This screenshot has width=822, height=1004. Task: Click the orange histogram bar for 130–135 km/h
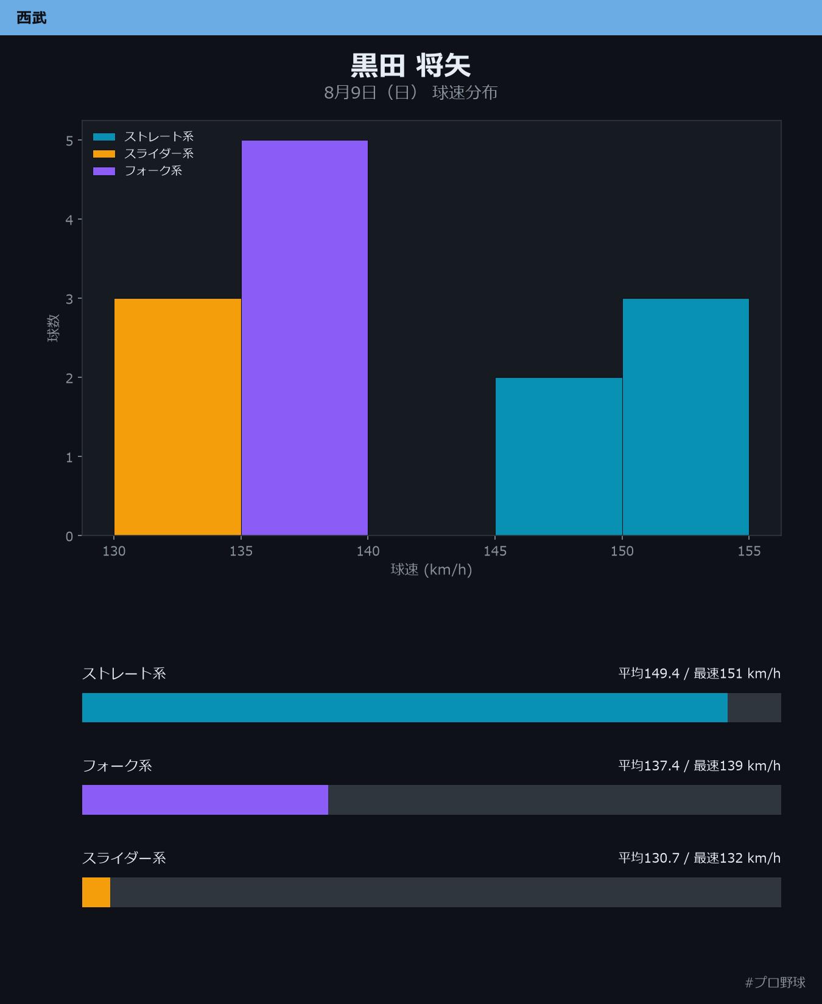(x=178, y=417)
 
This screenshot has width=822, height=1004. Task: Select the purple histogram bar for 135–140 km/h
(x=304, y=338)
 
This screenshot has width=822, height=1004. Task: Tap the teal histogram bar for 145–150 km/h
(x=559, y=456)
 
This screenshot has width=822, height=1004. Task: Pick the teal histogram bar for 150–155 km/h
(x=686, y=417)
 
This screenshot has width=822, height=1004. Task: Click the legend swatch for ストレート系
(x=104, y=137)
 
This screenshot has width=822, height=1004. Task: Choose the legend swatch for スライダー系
(x=104, y=154)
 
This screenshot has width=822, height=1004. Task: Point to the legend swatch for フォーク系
(x=104, y=171)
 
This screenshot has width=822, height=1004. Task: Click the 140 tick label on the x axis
(x=368, y=551)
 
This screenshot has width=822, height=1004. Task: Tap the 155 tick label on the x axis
(x=749, y=551)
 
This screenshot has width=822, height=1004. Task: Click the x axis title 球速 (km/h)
(x=431, y=570)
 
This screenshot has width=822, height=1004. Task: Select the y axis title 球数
(x=53, y=328)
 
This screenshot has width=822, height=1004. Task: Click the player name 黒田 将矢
(x=411, y=65)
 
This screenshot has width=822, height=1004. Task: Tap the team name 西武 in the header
(x=32, y=18)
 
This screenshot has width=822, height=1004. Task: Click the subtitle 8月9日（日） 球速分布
(x=411, y=92)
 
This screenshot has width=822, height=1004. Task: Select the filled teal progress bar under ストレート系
(x=405, y=708)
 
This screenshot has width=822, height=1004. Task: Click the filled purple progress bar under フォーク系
(x=205, y=800)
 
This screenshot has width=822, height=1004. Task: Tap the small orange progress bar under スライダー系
(x=96, y=892)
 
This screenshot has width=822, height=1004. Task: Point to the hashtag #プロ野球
(x=775, y=982)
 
